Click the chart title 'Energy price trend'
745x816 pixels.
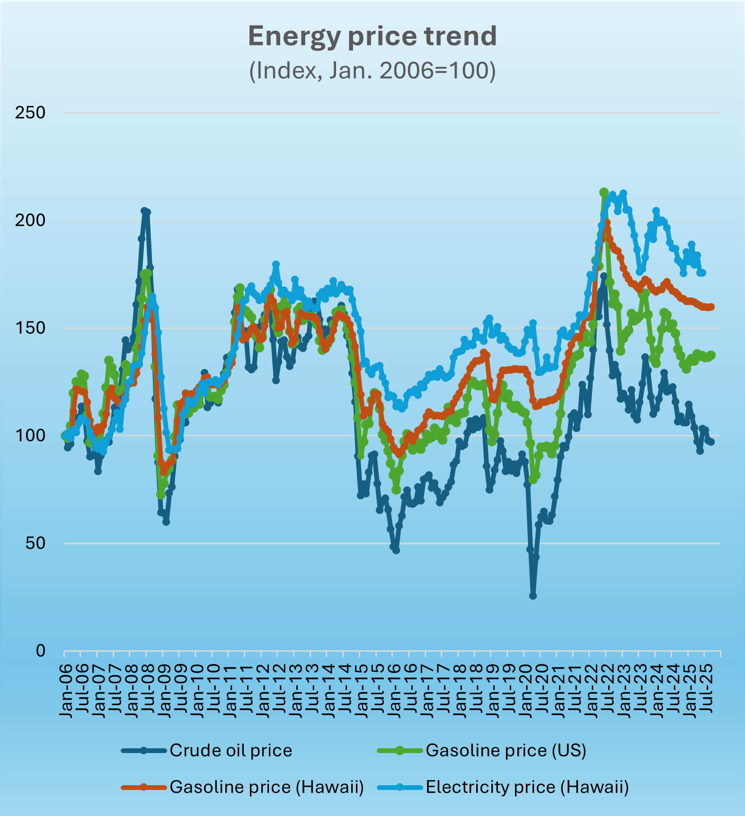(372, 36)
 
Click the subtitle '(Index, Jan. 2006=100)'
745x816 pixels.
(372, 71)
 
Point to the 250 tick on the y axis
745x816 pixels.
(30, 113)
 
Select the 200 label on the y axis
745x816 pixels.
(30, 220)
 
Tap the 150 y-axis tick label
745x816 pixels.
(30, 328)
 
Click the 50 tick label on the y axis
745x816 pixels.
(35, 543)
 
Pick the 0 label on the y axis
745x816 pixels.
(41, 651)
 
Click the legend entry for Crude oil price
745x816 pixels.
(231, 750)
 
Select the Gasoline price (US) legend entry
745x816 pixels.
(506, 750)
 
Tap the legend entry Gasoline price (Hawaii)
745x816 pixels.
(266, 787)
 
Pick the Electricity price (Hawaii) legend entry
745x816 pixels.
(527, 787)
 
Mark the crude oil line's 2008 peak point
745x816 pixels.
(144, 211)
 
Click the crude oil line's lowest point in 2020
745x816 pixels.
(533, 596)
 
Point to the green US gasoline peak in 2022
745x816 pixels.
(603, 192)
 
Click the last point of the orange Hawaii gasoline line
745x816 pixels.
(711, 307)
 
